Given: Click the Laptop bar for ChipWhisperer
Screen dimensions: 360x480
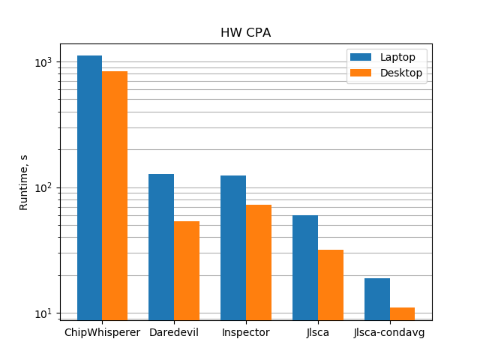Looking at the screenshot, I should (89, 187).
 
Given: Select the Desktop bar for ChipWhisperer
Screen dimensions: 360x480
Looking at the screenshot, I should (115, 196).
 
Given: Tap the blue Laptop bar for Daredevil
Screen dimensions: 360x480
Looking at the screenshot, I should (161, 247).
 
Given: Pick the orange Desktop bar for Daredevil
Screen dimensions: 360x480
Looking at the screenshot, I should (187, 271).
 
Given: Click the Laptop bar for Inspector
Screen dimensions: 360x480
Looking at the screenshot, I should (233, 247).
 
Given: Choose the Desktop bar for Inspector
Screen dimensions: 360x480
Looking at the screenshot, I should (259, 262).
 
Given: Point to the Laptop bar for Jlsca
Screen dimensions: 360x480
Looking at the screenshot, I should (305, 268).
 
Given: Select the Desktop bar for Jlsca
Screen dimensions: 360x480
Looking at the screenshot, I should (331, 285).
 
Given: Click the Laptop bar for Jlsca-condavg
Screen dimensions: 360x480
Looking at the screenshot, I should (377, 299).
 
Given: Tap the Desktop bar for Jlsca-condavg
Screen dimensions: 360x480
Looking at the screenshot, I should (402, 313).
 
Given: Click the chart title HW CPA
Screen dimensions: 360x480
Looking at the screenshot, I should (245, 33).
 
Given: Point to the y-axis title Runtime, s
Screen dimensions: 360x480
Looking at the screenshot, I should (24, 182).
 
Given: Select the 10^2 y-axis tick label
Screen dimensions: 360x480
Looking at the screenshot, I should (44, 187).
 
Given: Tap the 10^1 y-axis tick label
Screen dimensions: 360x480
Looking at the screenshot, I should (44, 313).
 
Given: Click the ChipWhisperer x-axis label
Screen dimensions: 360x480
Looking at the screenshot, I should (102, 332).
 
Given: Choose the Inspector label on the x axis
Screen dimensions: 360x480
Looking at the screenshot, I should (246, 332).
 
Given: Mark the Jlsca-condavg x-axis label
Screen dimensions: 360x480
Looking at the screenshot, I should (389, 332).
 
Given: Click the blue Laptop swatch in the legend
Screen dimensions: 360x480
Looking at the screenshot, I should (361, 58).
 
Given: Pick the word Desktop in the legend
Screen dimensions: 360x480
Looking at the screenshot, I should (401, 73).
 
